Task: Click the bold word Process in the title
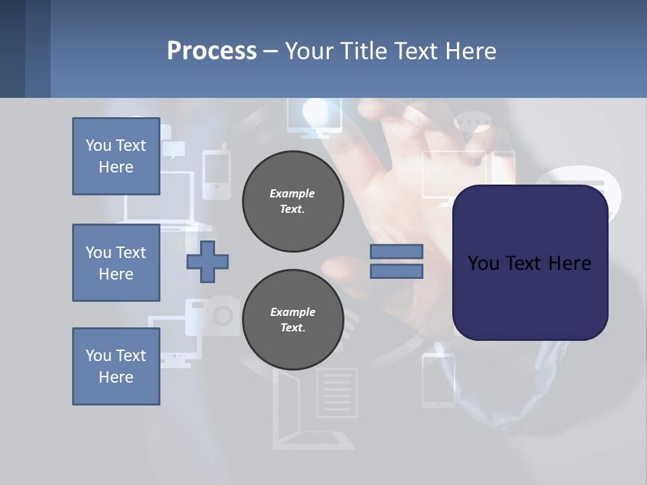click(212, 51)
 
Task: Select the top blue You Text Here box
click(116, 156)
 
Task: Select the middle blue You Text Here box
click(116, 263)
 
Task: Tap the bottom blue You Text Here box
click(116, 366)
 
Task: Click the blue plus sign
click(208, 261)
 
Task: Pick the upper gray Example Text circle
click(292, 201)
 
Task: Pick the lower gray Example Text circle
click(292, 320)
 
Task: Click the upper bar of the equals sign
click(396, 251)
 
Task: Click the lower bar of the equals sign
click(396, 271)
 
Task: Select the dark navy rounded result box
click(530, 263)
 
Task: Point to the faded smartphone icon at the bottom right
click(438, 381)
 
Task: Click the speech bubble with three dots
click(473, 125)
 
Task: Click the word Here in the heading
click(470, 51)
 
